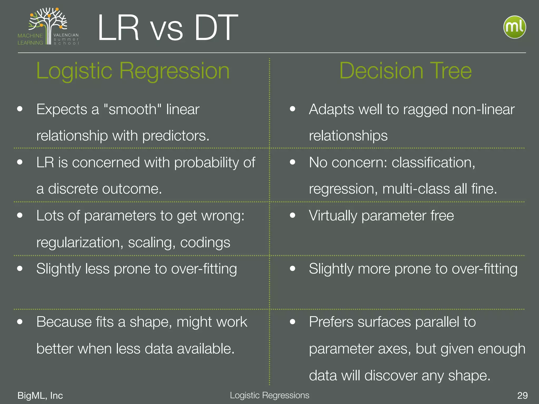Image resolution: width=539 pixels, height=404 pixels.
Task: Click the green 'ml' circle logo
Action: (515, 27)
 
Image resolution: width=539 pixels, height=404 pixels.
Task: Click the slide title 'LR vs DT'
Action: (168, 28)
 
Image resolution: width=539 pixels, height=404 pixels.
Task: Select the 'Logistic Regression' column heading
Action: (133, 71)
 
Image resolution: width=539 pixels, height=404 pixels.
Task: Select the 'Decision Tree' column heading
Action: (405, 71)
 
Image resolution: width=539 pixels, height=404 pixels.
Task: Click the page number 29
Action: (522, 395)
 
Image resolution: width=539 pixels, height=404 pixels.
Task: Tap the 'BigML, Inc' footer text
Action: (40, 395)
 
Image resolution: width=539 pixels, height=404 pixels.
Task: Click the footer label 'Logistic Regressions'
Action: (269, 395)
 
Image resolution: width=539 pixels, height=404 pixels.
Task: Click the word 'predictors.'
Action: (176, 136)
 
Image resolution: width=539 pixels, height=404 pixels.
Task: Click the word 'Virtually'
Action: (333, 216)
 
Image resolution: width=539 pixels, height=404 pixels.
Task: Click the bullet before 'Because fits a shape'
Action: (20, 321)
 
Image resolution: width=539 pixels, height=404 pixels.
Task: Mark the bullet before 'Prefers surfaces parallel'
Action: (292, 321)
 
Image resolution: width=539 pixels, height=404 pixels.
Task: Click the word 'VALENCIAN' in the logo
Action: (66, 35)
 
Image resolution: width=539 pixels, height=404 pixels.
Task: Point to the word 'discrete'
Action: (73, 189)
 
